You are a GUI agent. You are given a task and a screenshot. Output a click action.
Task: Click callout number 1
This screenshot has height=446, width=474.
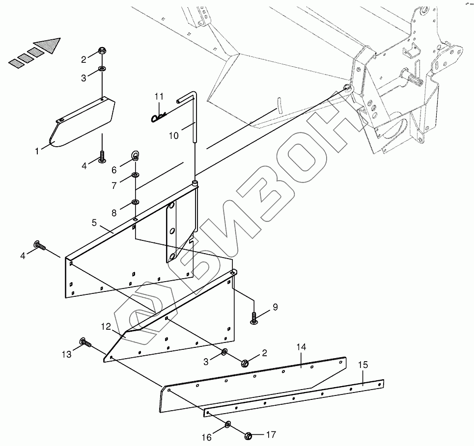pyautogui.click(x=37, y=151)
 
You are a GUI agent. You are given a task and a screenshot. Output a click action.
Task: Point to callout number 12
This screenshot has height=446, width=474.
pyautogui.click(x=106, y=326)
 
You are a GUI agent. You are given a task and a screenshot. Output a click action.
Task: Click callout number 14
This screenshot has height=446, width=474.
pyautogui.click(x=301, y=347)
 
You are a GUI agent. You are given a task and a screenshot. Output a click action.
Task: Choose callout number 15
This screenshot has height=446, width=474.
pyautogui.click(x=362, y=365)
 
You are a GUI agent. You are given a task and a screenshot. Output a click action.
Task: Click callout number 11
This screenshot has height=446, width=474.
pyautogui.click(x=159, y=96)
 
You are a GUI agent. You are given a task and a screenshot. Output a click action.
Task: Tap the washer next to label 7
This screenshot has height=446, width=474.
pyautogui.click(x=135, y=175)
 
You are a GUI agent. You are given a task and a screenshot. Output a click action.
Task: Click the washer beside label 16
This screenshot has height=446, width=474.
pyautogui.click(x=228, y=424)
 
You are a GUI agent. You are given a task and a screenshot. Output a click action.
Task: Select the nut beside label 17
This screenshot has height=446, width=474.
pyautogui.click(x=249, y=434)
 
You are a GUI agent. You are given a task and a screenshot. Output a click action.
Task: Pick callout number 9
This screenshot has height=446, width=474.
pyautogui.click(x=275, y=307)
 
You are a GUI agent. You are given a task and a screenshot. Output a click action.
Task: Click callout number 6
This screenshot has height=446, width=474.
pyautogui.click(x=114, y=170)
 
